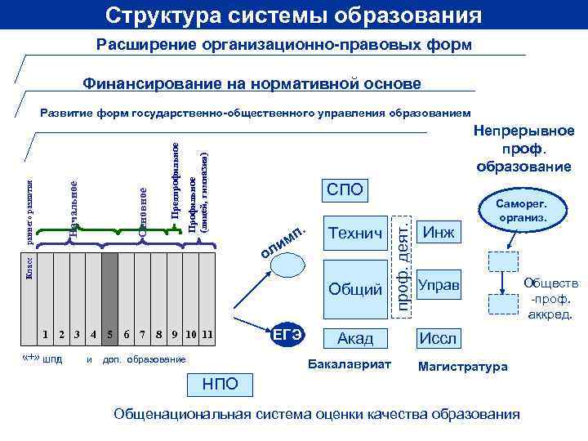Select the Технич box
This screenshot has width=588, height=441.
(355, 235)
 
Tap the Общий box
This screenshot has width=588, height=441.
(355, 287)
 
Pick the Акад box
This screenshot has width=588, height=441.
(355, 337)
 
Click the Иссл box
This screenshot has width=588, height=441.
(439, 337)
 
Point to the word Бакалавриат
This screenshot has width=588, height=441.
(349, 363)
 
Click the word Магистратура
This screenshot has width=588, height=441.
(462, 367)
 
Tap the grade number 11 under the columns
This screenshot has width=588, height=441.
(207, 333)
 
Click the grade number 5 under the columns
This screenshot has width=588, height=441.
(109, 333)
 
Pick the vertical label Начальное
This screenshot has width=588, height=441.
(74, 208)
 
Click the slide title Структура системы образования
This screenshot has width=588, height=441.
(293, 16)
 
